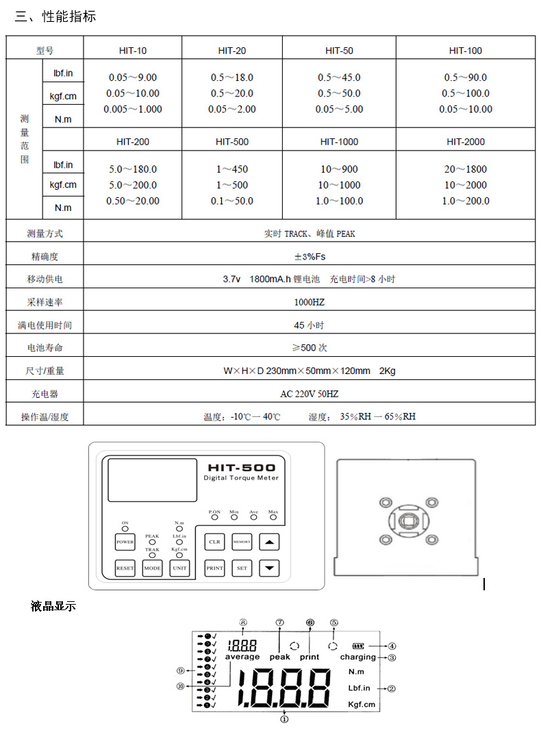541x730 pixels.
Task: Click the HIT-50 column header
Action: point(339,51)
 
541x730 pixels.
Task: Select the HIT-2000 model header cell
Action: point(466,142)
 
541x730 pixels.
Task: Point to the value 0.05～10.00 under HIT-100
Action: point(466,109)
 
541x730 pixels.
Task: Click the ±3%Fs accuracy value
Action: point(310,256)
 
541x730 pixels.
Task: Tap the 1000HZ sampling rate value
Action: point(310,302)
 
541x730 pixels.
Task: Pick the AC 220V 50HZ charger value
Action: point(310,394)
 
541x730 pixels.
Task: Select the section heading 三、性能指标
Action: point(55,16)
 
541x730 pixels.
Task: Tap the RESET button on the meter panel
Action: point(125,568)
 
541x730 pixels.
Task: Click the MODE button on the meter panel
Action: point(152,568)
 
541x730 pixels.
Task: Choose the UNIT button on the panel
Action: point(179,568)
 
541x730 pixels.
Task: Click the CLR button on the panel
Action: point(214,542)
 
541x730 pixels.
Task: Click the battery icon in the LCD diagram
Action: point(359,645)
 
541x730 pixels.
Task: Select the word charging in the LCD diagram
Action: point(358,657)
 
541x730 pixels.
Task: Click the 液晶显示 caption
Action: point(53,606)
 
